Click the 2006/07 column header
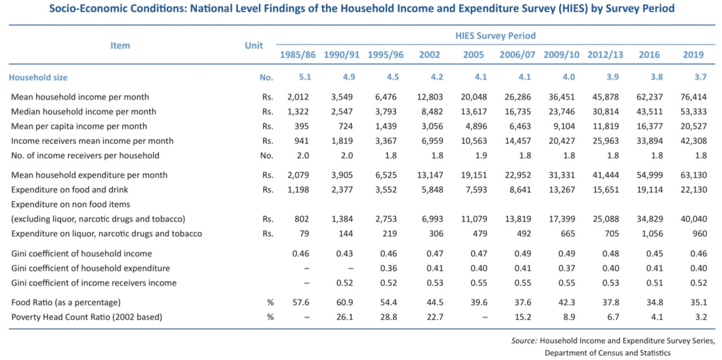coord(517,55)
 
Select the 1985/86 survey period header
coord(297,55)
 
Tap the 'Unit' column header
coord(253,46)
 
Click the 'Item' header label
coord(120,46)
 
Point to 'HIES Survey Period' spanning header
coord(496,36)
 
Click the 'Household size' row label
coord(38,77)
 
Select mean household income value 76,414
coord(693,97)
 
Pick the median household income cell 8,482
coord(432,112)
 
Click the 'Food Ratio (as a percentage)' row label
coord(65,302)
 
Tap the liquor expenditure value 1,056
coord(652,234)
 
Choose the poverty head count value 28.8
coord(389,317)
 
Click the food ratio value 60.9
coord(344,302)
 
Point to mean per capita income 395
coord(301,126)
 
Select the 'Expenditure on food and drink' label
coord(69,190)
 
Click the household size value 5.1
coord(305,77)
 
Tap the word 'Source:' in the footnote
coord(524,341)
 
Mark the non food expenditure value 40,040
coord(694,219)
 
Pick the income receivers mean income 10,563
coord(474,141)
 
